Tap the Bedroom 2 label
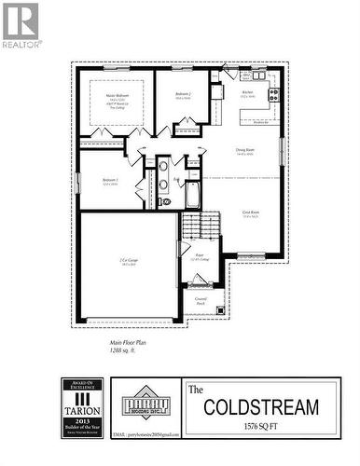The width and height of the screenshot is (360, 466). click(x=183, y=95)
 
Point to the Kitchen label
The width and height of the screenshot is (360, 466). click(x=248, y=92)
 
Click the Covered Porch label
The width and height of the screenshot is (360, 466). click(x=201, y=300)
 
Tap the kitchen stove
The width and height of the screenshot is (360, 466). click(x=274, y=92)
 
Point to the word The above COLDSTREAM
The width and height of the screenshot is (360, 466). click(x=197, y=388)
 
